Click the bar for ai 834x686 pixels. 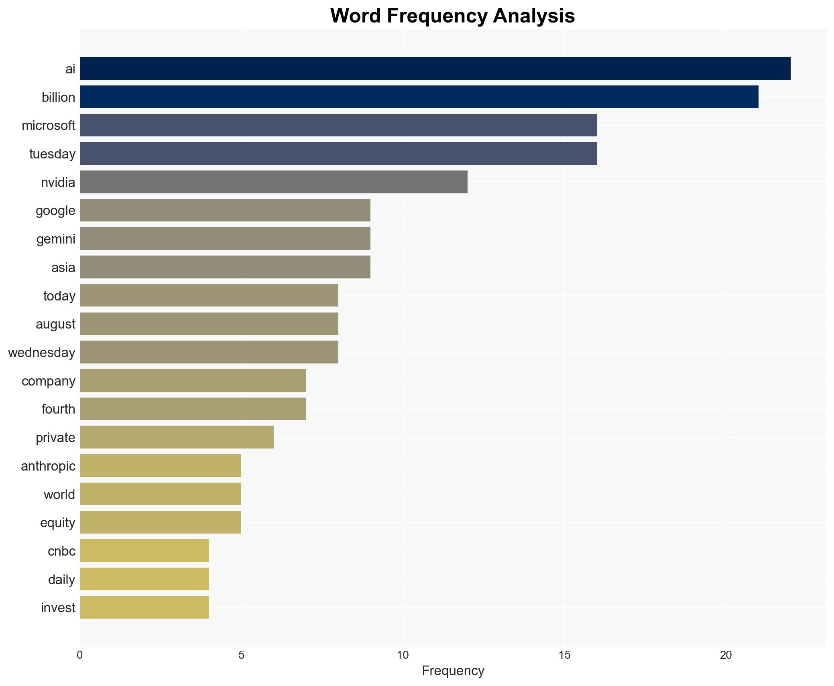pyautogui.click(x=435, y=69)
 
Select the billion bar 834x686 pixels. pyautogui.click(x=419, y=97)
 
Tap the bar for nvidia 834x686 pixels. pyautogui.click(x=274, y=182)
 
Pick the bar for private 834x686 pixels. pyautogui.click(x=177, y=437)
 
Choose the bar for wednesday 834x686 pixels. pyautogui.click(x=209, y=352)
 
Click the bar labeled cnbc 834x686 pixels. pyautogui.click(x=144, y=550)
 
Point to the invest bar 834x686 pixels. pyautogui.click(x=144, y=607)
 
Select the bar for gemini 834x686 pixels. pyautogui.click(x=225, y=239)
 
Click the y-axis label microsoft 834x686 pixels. pyautogui.click(x=49, y=126)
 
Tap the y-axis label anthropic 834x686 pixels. pyautogui.click(x=48, y=466)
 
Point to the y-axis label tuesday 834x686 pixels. pyautogui.click(x=52, y=154)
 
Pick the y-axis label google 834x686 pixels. pyautogui.click(x=55, y=211)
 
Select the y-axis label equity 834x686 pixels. pyautogui.click(x=57, y=523)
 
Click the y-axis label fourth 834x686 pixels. pyautogui.click(x=58, y=409)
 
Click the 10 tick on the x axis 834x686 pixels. pyautogui.click(x=403, y=655)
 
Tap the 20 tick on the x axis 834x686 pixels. pyautogui.click(x=726, y=655)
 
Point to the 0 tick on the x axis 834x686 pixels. pyautogui.click(x=80, y=655)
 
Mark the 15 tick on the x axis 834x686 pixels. pyautogui.click(x=564, y=655)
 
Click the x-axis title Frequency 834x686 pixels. pyautogui.click(x=453, y=671)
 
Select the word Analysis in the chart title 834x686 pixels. pyautogui.click(x=534, y=16)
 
